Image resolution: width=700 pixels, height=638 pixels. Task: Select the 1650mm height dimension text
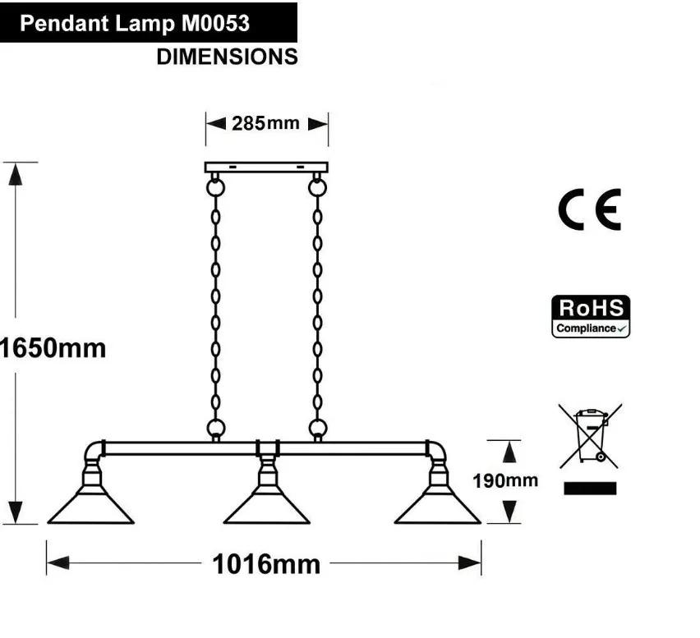(53, 347)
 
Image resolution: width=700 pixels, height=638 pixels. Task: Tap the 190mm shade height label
(504, 480)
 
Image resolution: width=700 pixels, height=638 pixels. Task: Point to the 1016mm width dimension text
(266, 564)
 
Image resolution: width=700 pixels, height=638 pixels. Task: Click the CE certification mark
(589, 209)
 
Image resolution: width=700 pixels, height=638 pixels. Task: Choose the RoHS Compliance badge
(590, 317)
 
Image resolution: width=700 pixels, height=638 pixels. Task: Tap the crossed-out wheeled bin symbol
(590, 435)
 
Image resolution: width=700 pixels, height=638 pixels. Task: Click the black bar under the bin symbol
(590, 489)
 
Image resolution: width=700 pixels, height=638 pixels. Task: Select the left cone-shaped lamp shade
(90, 505)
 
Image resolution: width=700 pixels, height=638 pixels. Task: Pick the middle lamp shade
(266, 505)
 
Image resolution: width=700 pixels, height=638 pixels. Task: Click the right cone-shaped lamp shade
(437, 505)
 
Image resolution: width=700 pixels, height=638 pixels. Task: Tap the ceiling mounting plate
(266, 167)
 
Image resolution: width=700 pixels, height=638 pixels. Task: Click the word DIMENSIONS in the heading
(227, 57)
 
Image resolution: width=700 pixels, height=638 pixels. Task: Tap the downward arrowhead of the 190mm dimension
(510, 512)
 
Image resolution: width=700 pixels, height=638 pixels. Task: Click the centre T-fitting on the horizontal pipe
(266, 448)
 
